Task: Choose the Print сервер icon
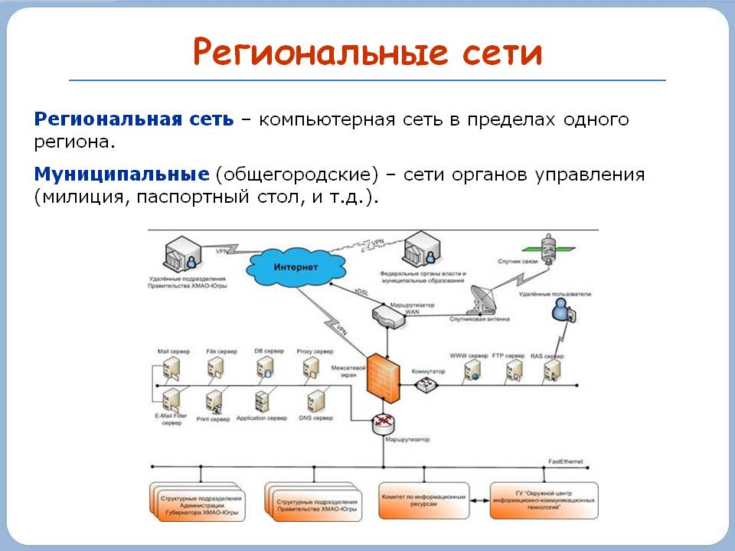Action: click(x=214, y=400)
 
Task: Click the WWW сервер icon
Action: click(x=470, y=372)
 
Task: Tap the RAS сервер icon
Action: click(x=553, y=371)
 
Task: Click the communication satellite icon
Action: click(x=549, y=247)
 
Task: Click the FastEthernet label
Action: click(x=566, y=461)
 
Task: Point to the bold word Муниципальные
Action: click(x=122, y=174)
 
